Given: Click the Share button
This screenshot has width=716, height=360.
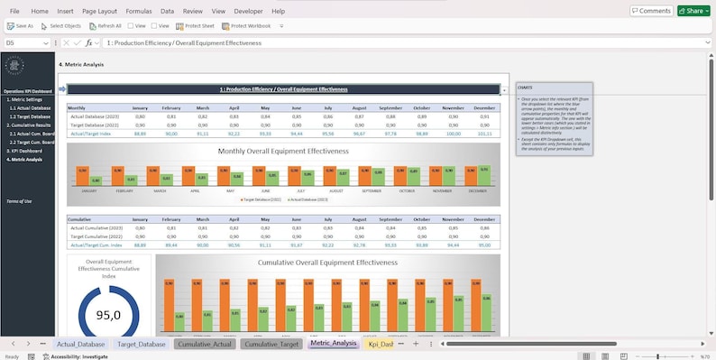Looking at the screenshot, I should tap(691, 11).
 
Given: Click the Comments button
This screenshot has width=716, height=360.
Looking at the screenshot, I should tap(651, 11).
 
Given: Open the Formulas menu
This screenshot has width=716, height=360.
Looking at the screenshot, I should tap(140, 11).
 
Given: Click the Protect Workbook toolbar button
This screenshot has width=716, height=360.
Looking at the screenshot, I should tap(247, 26).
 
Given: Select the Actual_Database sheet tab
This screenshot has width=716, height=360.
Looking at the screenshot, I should tap(80, 344).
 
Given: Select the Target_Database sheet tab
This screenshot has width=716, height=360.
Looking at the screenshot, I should tap(142, 344).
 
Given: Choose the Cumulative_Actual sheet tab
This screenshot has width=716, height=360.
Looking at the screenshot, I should tap(205, 344).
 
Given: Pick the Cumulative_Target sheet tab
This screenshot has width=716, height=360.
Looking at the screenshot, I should tap(271, 344).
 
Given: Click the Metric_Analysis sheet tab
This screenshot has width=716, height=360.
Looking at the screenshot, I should tap(333, 344).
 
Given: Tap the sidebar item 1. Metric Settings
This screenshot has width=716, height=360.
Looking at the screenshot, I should tap(25, 99).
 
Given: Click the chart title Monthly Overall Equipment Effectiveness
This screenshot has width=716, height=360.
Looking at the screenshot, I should tap(282, 152).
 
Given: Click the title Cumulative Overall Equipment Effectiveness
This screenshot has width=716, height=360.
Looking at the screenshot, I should tap(326, 263).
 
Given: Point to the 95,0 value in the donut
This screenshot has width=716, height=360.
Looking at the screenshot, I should tap(108, 316).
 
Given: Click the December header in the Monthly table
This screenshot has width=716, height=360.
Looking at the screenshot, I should tap(484, 107).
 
